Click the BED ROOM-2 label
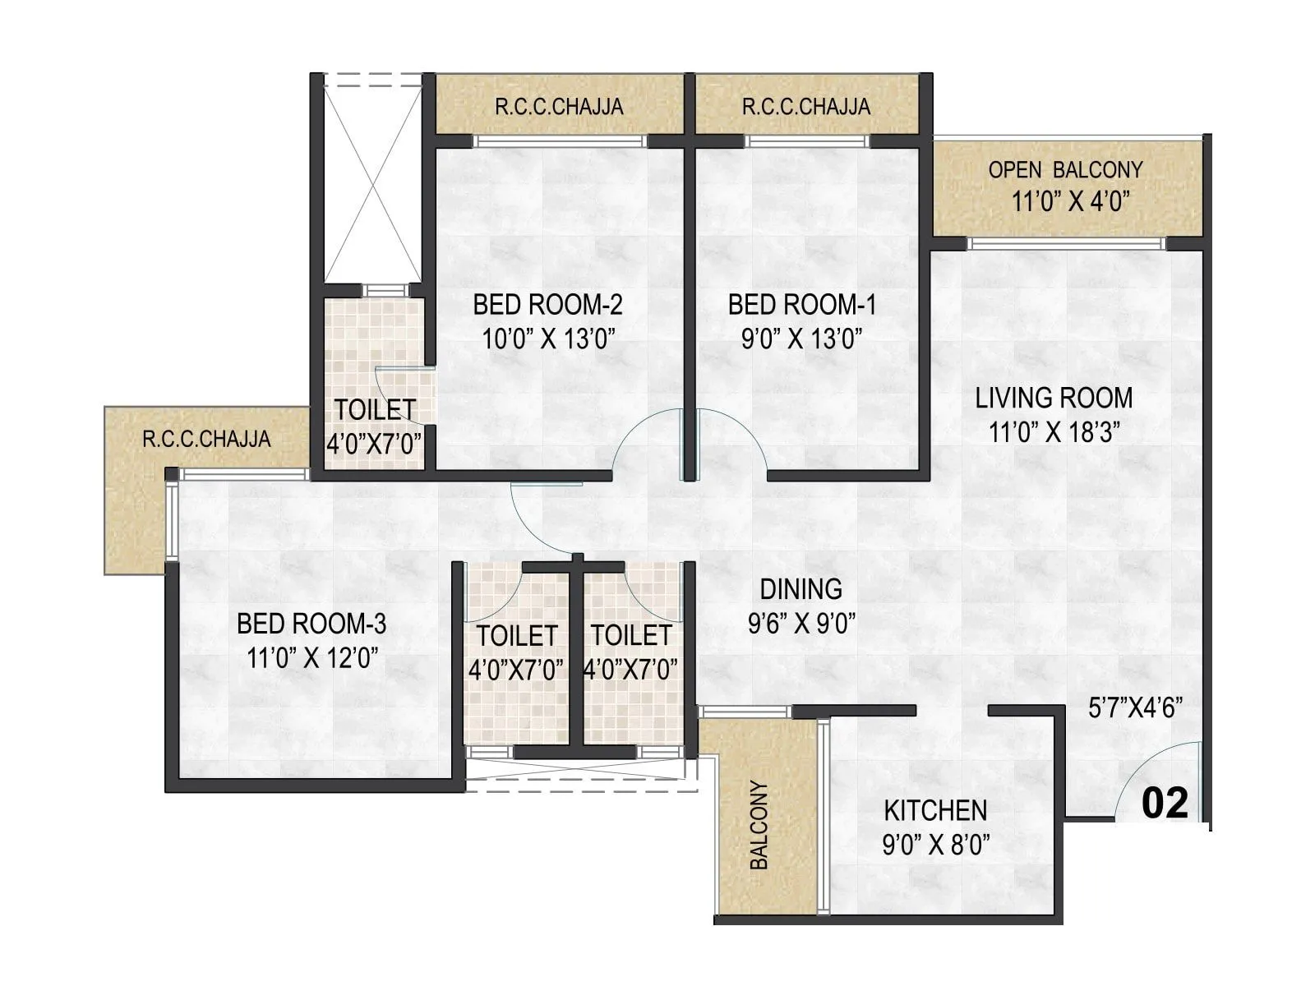547,305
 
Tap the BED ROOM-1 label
801,305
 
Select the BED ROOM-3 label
311,624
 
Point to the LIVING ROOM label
1054,398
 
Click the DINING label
801,589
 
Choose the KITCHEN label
935,811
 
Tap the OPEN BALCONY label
1065,170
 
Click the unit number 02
1165,803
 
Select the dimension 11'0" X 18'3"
1054,432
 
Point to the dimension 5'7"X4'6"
1135,708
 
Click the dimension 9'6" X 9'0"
801,624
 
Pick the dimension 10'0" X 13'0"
549,339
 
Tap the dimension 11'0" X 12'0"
311,658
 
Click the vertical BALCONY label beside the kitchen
759,825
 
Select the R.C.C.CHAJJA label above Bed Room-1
805,107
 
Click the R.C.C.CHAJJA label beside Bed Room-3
206,439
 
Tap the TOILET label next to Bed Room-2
374,409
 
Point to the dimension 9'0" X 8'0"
935,845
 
